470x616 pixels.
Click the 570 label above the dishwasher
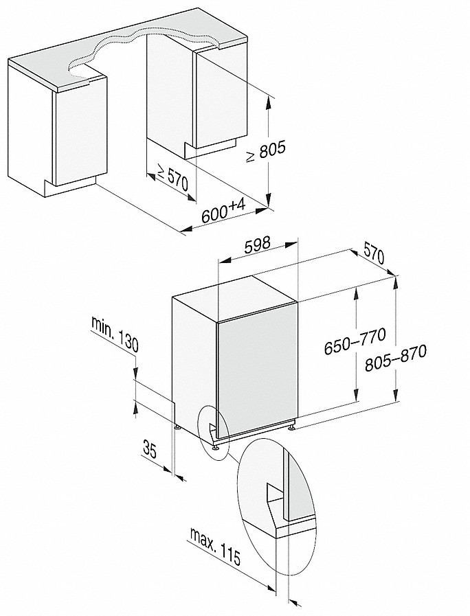373,255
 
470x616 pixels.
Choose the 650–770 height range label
355,341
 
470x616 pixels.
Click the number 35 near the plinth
150,451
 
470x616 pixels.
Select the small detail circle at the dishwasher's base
212,429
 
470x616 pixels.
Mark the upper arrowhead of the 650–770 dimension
355,293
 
